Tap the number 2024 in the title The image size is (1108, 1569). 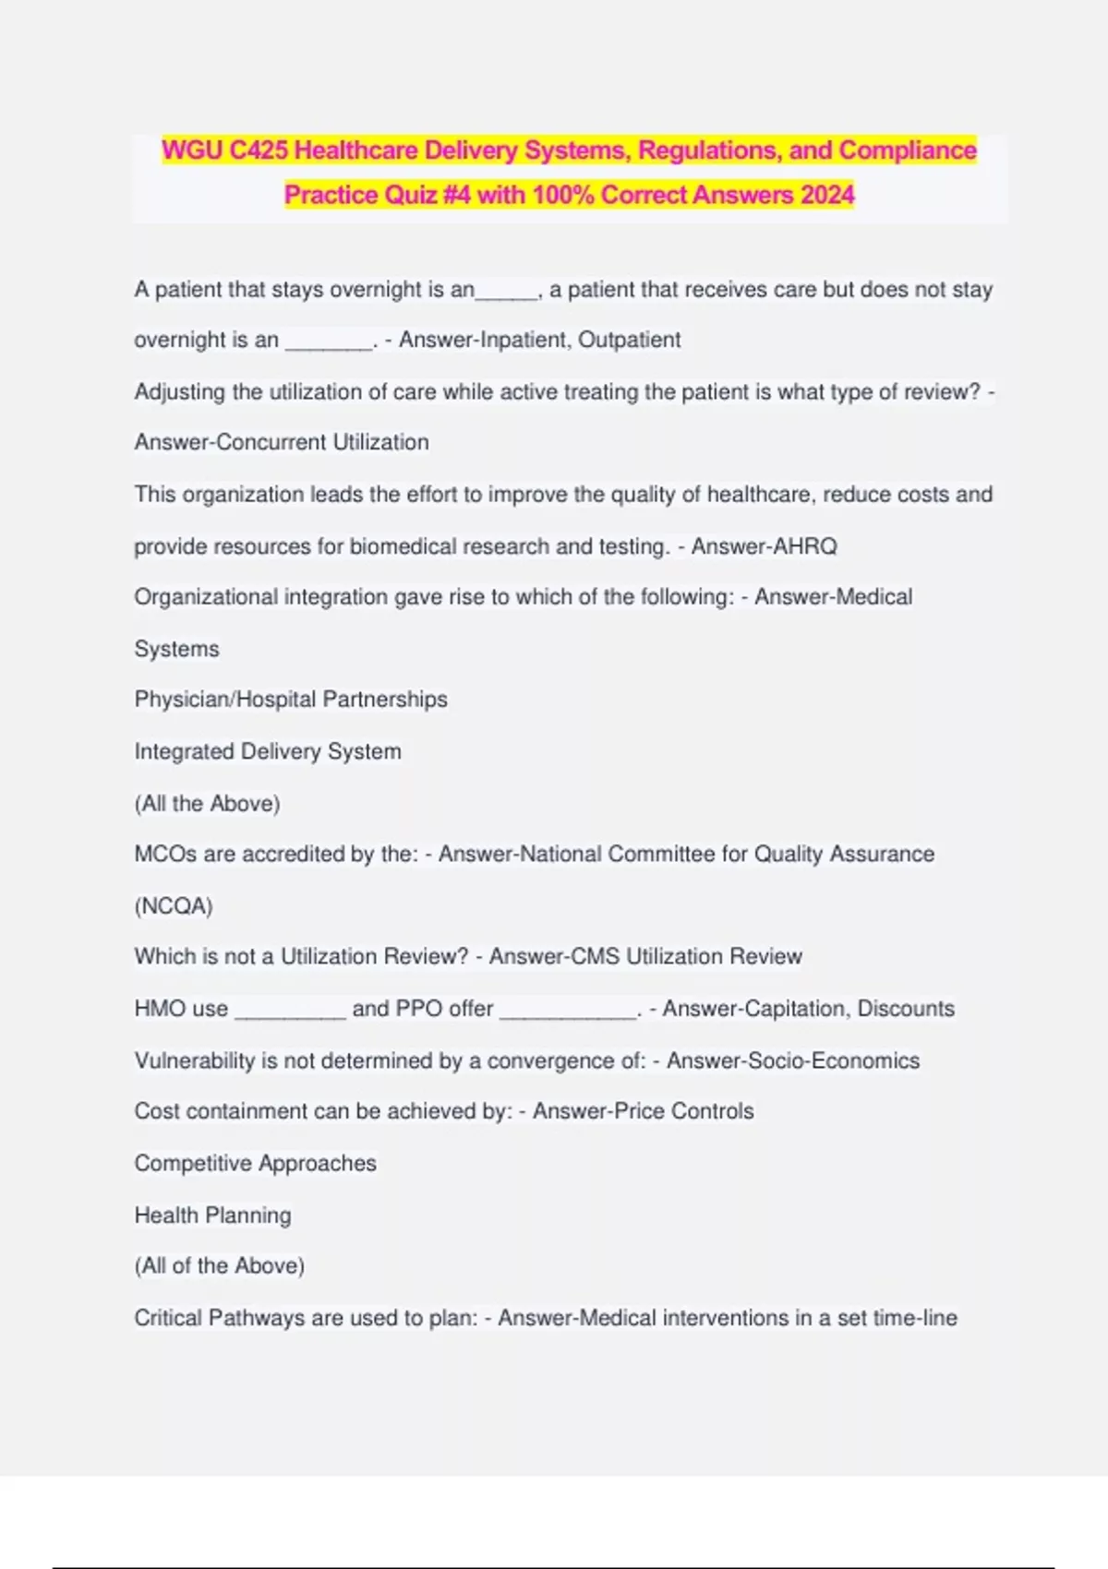(x=827, y=196)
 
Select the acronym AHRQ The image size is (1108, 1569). (x=804, y=546)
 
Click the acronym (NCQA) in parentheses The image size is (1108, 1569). (x=174, y=906)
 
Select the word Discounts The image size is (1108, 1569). (x=906, y=1009)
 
